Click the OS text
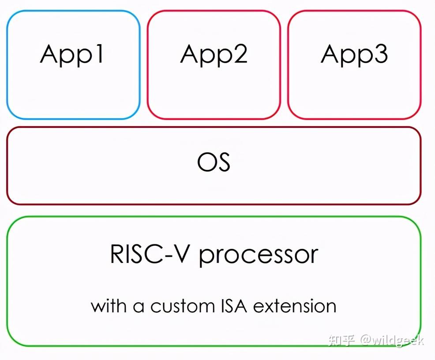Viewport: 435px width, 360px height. (214, 162)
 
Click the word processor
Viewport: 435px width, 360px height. (259, 256)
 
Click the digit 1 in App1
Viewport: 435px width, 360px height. (99, 53)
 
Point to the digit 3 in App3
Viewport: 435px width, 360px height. (380, 53)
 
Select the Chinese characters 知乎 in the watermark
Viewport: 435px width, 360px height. (341, 340)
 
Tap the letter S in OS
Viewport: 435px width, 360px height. (223, 162)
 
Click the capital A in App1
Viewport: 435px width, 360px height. (49, 53)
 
